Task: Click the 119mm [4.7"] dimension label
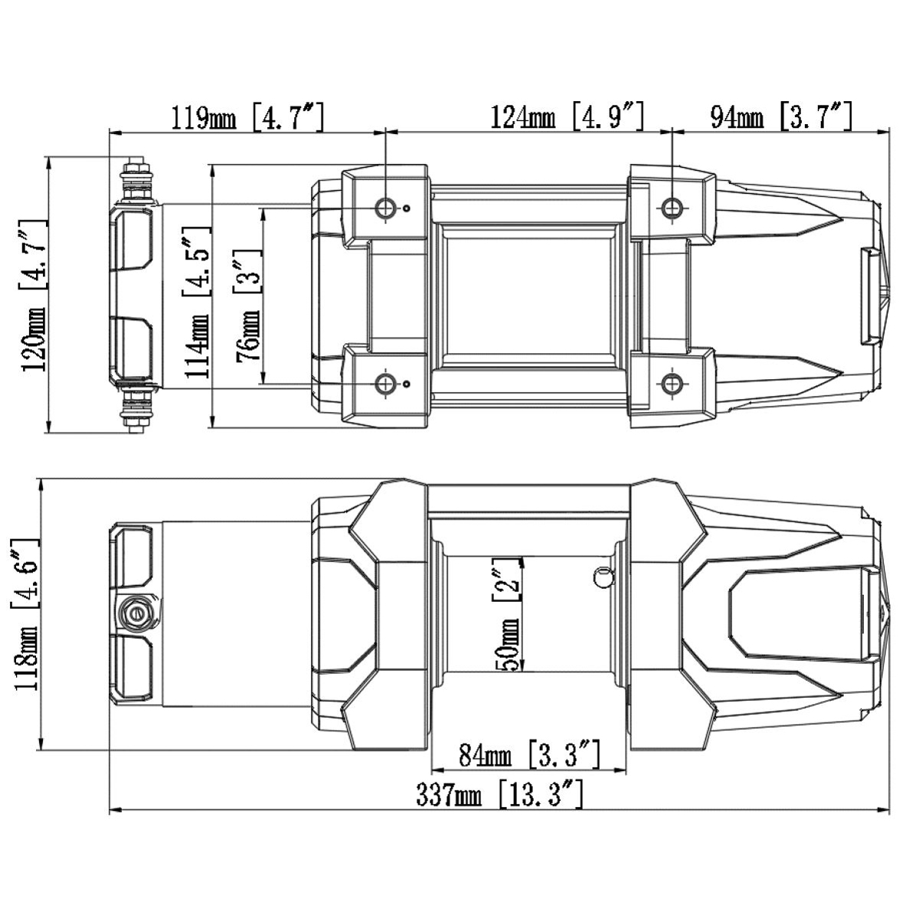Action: click(x=247, y=116)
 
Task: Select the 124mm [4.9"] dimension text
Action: click(x=567, y=116)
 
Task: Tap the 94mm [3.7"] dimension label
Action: click(x=780, y=116)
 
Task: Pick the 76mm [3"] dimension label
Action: click(x=249, y=305)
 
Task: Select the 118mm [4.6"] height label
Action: click(x=25, y=615)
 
